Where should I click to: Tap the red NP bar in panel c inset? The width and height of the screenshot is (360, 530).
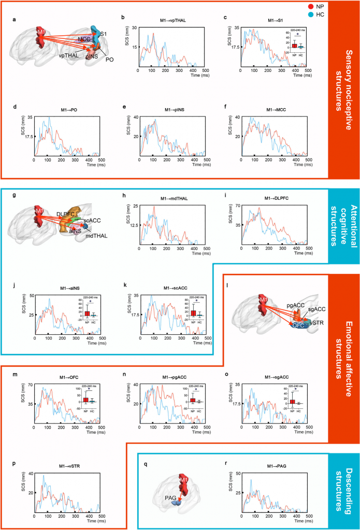pyautogui.click(x=294, y=45)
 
